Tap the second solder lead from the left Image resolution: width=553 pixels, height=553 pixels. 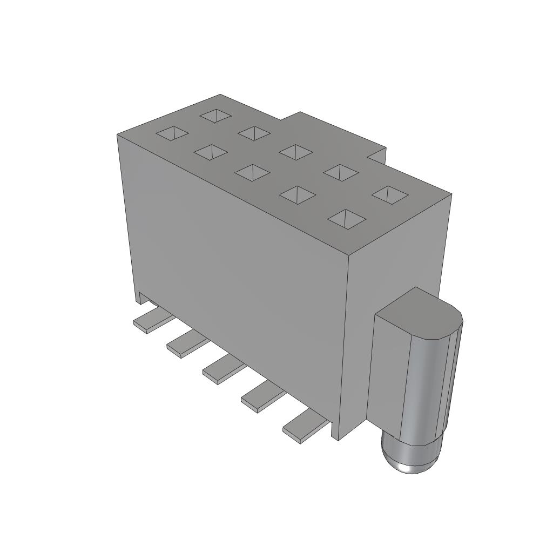187,345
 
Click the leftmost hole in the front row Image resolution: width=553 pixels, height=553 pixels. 172,133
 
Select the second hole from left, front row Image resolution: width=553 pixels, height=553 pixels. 211,152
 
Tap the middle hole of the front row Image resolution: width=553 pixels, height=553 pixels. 252,173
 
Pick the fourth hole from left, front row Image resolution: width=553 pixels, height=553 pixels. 297,195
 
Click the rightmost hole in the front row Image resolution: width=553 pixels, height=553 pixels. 347,219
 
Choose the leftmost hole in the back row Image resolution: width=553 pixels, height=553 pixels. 216,115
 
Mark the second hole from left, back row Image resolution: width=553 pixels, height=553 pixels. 254,133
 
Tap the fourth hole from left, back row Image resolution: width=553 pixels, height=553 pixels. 341,172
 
